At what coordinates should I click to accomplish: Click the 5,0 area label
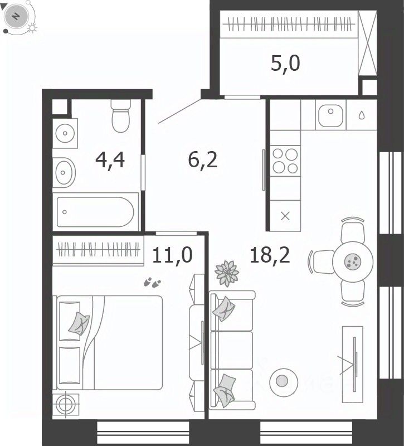[285, 64]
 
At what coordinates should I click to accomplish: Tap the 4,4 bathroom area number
[110, 160]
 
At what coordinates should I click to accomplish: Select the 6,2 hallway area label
[203, 160]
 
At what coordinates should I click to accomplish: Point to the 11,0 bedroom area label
[172, 255]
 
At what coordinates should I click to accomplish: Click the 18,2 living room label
[270, 255]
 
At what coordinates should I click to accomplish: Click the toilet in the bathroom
[121, 116]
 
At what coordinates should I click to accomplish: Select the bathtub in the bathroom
[95, 212]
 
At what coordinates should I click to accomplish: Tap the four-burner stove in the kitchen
[285, 161]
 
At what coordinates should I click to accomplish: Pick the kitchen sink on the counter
[330, 115]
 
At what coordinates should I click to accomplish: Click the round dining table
[353, 261]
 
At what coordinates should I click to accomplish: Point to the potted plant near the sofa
[227, 273]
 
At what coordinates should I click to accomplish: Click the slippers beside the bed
[152, 283]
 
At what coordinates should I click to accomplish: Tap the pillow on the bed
[79, 323]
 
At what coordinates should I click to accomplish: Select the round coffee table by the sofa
[284, 382]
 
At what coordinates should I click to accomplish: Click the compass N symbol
[16, 17]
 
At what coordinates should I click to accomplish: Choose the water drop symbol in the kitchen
[361, 115]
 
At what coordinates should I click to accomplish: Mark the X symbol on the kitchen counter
[285, 216]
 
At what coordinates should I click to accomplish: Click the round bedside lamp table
[66, 405]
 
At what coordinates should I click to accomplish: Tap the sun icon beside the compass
[32, 28]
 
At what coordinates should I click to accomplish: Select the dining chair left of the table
[322, 262]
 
